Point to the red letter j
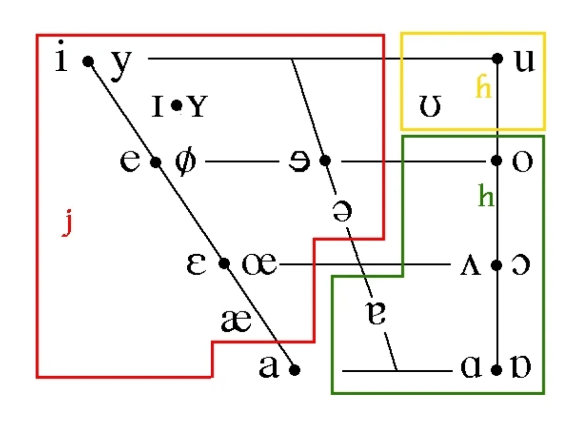click(x=68, y=223)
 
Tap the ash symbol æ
click(x=236, y=322)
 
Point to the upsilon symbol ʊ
click(x=430, y=108)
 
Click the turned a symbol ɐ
click(x=377, y=313)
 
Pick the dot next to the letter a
click(x=295, y=369)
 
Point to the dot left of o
click(x=497, y=161)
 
